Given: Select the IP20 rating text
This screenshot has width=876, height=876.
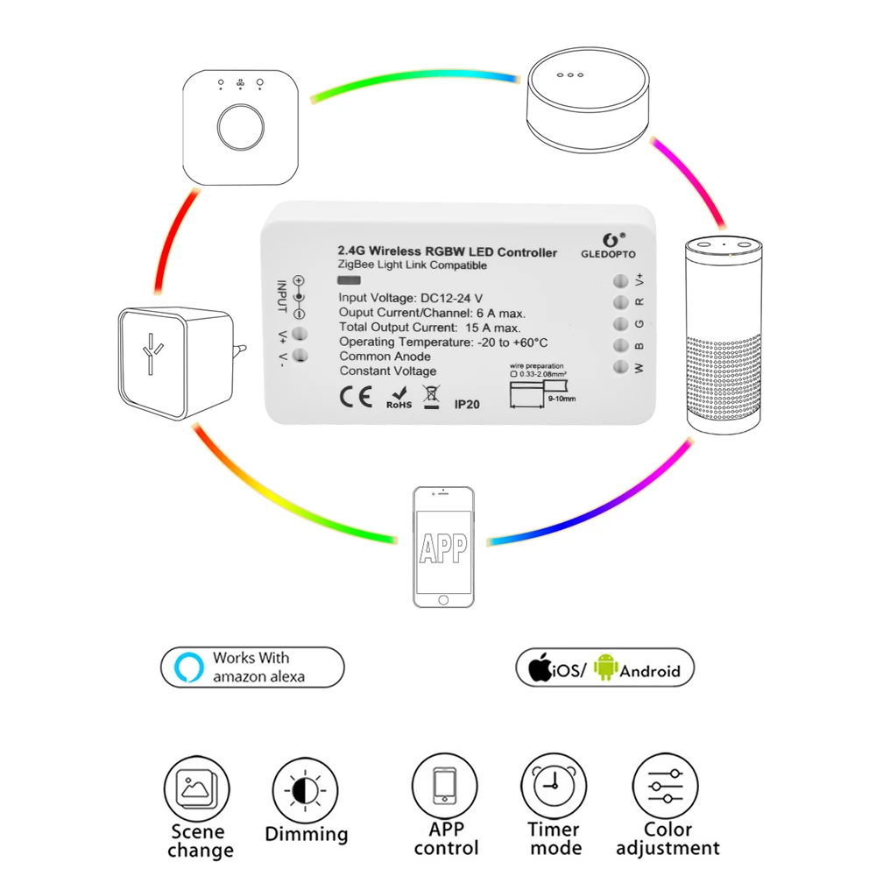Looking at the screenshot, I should (466, 406).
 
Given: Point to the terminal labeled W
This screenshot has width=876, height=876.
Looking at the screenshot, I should (620, 368).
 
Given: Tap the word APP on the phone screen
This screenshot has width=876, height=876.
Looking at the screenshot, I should (443, 549).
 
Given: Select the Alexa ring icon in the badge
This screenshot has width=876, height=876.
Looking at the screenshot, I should (187, 668).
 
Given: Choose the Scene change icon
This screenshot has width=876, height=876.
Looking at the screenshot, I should (196, 785).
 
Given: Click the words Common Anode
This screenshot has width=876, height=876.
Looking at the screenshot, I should (385, 357).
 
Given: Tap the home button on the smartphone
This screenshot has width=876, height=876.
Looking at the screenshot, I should (443, 600).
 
